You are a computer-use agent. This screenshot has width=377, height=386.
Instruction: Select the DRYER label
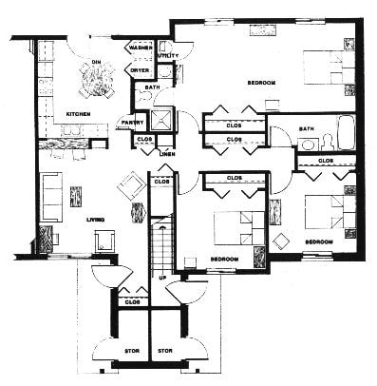140,70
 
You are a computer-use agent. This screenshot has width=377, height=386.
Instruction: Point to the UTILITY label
168,56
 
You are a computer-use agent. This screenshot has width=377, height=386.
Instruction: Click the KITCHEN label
78,114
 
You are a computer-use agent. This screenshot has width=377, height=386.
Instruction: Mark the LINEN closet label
167,154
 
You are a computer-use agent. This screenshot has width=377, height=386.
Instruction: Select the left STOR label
132,351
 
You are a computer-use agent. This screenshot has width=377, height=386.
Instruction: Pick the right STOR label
164,351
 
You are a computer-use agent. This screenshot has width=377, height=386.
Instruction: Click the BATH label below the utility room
152,87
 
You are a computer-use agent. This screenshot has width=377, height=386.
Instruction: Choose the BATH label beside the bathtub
306,128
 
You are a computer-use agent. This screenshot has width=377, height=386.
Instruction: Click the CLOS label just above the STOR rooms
144,303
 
